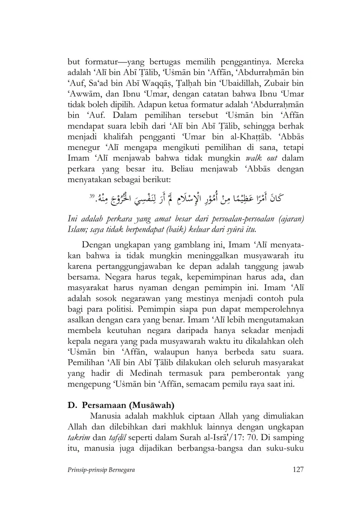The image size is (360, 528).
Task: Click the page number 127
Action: click(x=298, y=469)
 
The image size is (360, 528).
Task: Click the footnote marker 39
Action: click(x=92, y=196)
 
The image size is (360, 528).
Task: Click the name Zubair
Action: click(x=277, y=83)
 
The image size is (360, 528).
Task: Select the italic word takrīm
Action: click(x=78, y=437)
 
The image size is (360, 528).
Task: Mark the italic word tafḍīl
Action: click(x=118, y=437)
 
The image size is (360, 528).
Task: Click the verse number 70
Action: click(x=253, y=437)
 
